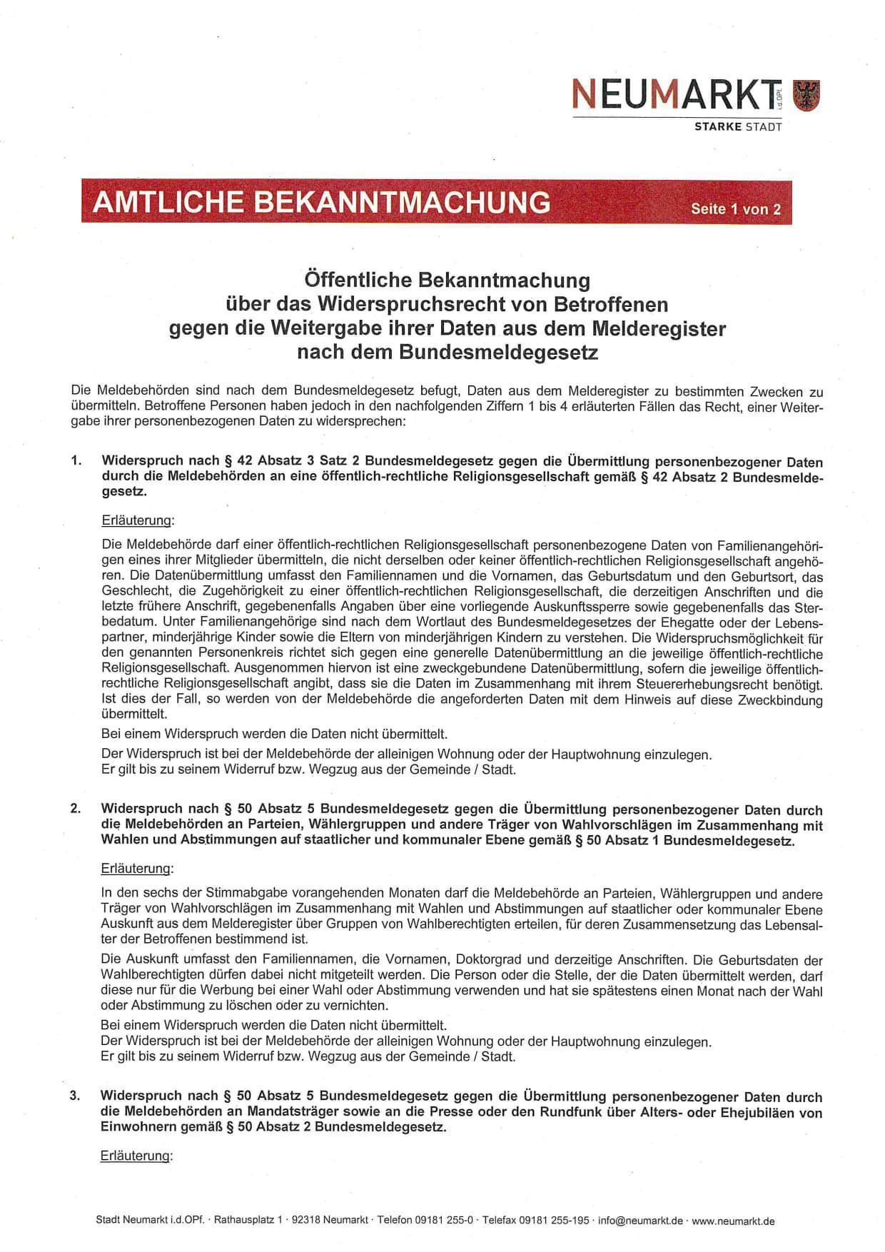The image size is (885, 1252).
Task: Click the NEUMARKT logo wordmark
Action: coord(675,95)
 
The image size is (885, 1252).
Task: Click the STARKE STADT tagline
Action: coord(738,127)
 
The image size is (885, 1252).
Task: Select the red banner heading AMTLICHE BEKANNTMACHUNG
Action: coord(322,202)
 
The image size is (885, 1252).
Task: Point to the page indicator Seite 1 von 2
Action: coord(735,209)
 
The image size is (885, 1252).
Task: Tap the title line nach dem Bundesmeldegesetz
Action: coord(447,352)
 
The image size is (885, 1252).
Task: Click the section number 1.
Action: coord(76,461)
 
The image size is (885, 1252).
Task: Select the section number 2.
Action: coord(76,809)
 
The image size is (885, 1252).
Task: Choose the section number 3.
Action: coord(75,1096)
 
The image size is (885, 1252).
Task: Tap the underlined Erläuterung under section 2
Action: coord(137,869)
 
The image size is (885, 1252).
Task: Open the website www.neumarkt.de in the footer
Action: coord(733,1221)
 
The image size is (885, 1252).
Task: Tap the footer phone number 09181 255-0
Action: coord(443,1221)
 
